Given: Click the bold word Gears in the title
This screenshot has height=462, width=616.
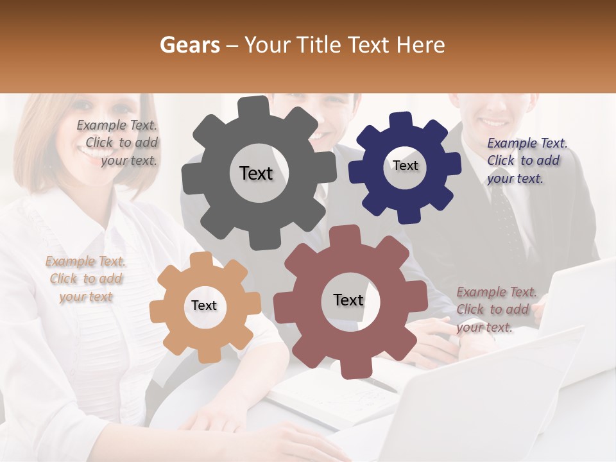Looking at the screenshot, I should (x=189, y=45).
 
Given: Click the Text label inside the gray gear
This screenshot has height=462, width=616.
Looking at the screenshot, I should (x=256, y=173).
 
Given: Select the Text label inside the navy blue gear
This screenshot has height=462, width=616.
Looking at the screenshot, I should (x=405, y=166).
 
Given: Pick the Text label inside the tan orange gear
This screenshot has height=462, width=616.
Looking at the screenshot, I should (x=204, y=305).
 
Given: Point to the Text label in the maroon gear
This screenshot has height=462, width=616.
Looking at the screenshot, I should (x=348, y=300).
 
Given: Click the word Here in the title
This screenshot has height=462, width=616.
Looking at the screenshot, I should (x=421, y=45).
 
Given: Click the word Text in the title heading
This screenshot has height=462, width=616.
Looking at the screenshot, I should (x=370, y=45).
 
